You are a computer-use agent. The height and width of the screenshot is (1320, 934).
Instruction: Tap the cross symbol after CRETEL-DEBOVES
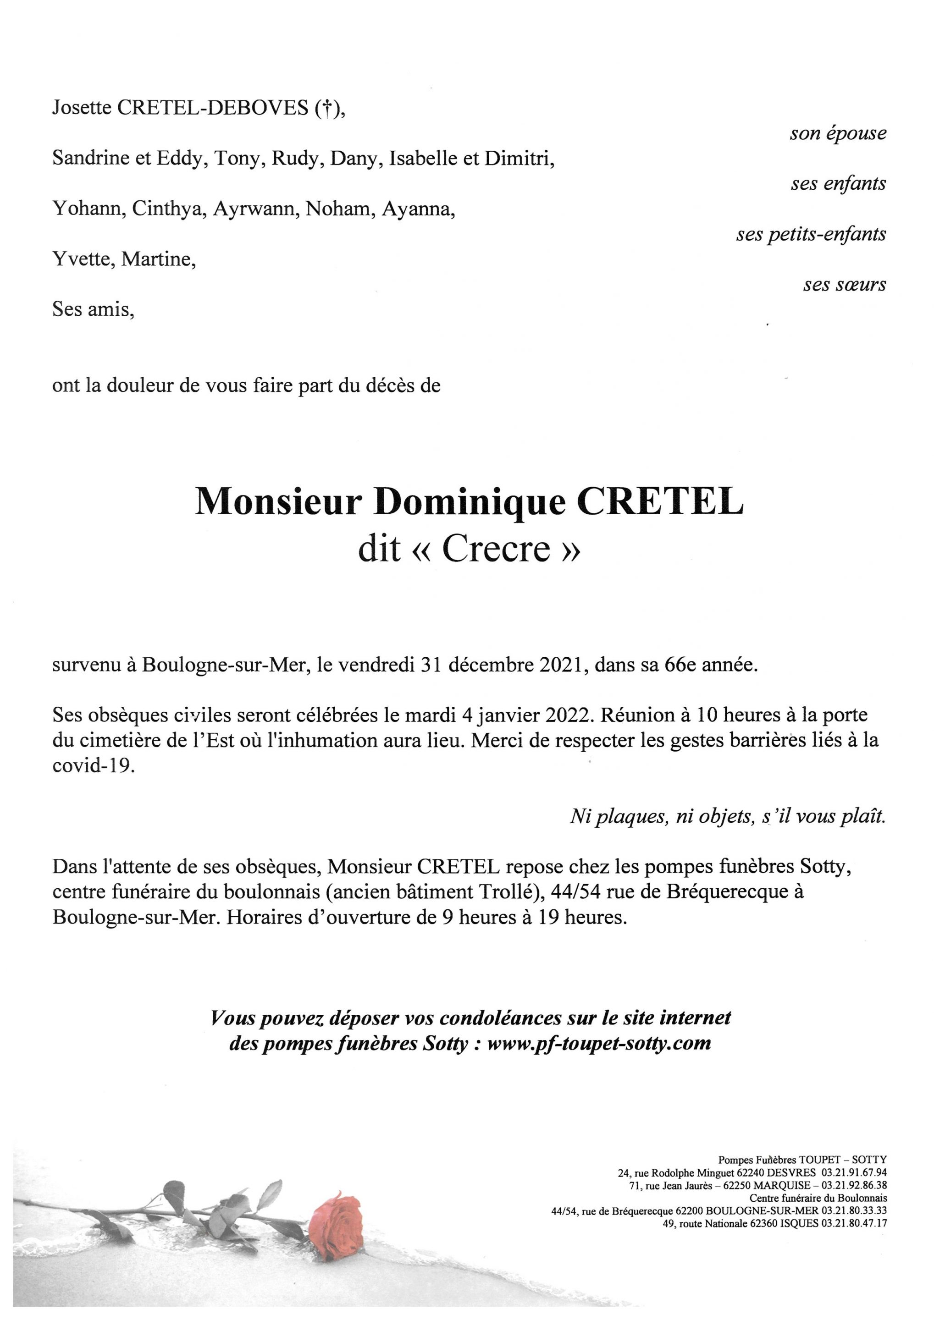tap(326, 109)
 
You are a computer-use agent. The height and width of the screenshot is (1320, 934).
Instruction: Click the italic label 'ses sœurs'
tap(844, 285)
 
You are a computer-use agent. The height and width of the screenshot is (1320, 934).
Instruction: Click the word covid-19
tap(93, 766)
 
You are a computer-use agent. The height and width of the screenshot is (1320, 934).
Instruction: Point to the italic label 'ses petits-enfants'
tap(811, 234)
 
